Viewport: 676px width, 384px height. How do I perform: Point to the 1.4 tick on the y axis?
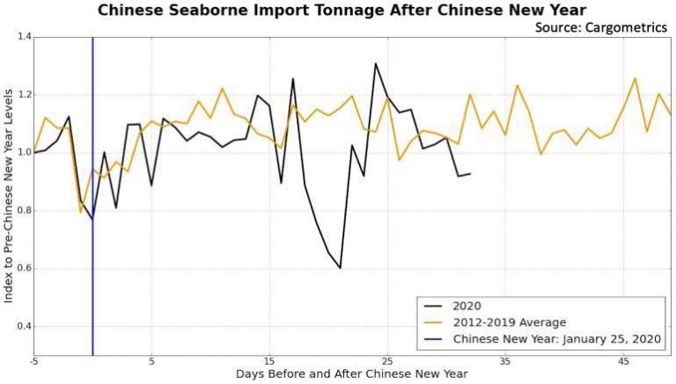(22, 37)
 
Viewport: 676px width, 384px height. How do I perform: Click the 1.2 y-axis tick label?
(22, 95)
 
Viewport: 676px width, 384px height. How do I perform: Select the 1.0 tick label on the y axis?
(22, 153)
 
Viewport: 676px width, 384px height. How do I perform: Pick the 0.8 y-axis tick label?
(22, 211)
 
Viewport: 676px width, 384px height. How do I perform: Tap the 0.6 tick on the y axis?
(22, 270)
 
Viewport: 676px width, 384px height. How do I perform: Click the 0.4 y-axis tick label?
(22, 327)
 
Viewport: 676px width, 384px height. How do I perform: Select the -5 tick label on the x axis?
(33, 362)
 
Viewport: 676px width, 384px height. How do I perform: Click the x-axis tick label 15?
(269, 362)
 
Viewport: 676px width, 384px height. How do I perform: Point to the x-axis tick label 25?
(387, 362)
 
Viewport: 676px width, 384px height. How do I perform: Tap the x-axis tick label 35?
(505, 362)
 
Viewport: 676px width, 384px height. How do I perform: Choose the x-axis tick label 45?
(623, 362)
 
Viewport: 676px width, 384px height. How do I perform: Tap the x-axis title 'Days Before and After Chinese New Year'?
(353, 374)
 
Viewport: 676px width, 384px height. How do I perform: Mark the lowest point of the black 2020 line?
(340, 268)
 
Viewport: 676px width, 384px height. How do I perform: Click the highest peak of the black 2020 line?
(376, 63)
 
